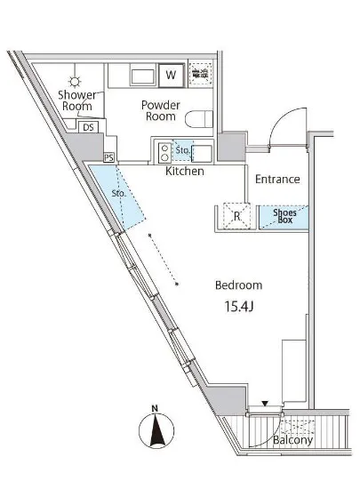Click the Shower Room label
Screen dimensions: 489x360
[77, 100]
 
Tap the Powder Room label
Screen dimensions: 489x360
[163, 110]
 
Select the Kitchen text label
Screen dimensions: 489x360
[185, 171]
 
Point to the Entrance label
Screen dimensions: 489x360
[276, 179]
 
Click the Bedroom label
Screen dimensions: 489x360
[238, 285]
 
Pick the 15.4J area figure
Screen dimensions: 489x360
[237, 307]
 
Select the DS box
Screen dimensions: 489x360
[88, 127]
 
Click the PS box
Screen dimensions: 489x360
[108, 157]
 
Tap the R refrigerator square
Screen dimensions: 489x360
[236, 215]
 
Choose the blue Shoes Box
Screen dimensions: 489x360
[284, 215]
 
